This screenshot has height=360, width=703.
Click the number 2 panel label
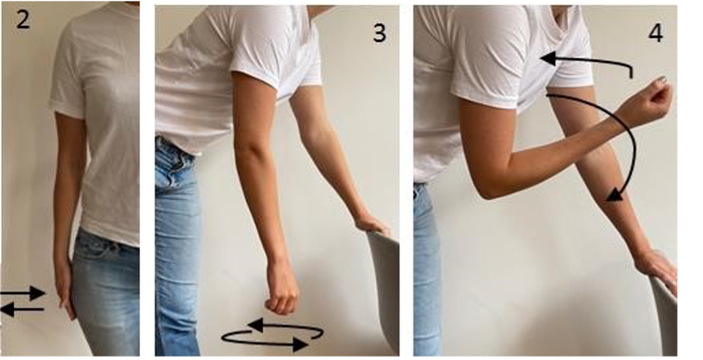[23, 20]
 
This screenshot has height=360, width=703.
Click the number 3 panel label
[379, 33]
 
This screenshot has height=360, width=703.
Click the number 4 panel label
[656, 33]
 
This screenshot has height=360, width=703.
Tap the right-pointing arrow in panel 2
[23, 293]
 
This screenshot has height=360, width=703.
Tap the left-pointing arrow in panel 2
[23, 309]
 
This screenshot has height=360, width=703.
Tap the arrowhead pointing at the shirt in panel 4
[548, 58]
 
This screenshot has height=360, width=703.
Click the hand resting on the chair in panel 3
[372, 224]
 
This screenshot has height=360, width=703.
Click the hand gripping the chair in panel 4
[656, 268]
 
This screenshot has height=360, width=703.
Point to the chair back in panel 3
[384, 292]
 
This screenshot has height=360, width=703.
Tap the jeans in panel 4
[426, 269]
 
